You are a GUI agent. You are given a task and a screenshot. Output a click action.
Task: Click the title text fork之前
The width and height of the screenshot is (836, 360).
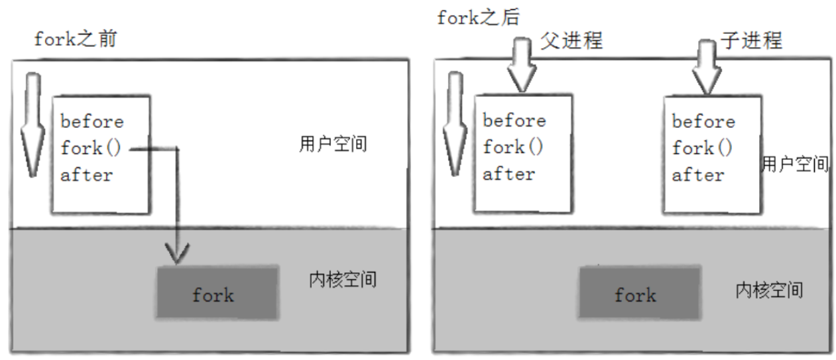[76, 39]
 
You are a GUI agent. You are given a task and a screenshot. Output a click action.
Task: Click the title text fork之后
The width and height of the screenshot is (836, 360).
[479, 17]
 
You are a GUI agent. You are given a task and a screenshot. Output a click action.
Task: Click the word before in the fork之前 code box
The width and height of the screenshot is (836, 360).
[91, 122]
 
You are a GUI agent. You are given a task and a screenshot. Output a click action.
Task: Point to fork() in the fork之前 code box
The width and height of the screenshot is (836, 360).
[91, 148]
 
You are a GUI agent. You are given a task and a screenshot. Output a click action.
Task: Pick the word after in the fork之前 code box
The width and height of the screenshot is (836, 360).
[86, 175]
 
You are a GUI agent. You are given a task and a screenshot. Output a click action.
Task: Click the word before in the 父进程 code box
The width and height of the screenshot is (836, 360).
[514, 121]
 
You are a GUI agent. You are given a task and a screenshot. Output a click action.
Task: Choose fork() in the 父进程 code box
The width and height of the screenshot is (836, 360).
[513, 147]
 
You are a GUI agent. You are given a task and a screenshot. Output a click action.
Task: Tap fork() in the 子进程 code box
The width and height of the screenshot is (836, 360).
[702, 148]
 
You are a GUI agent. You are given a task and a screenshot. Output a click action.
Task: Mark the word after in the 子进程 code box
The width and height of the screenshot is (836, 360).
[697, 175]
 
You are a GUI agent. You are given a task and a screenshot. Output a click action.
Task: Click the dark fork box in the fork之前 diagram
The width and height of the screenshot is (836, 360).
[216, 292]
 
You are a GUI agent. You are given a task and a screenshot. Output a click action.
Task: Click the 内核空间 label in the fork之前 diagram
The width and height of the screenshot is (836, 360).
[343, 279]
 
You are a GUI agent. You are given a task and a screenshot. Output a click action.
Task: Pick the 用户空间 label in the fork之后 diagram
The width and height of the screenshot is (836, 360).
[796, 164]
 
